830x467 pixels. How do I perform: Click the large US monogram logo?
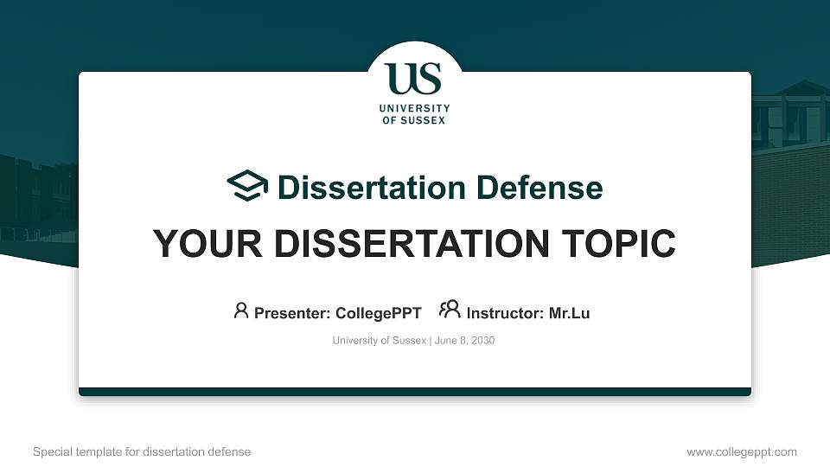click(x=414, y=79)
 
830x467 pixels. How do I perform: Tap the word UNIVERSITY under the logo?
click(x=414, y=109)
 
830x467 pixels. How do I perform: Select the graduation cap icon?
click(x=248, y=186)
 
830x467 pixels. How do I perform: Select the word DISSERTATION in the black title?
click(x=411, y=244)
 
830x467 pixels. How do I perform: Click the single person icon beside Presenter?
click(x=241, y=310)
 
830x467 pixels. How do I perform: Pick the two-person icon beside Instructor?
click(x=450, y=310)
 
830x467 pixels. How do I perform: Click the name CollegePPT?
click(x=378, y=313)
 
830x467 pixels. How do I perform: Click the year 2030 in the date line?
click(x=482, y=341)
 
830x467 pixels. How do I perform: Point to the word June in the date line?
click(x=446, y=341)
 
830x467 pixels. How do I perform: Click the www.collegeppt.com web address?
click(x=741, y=451)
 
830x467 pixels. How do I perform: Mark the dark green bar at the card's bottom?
click(x=415, y=392)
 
